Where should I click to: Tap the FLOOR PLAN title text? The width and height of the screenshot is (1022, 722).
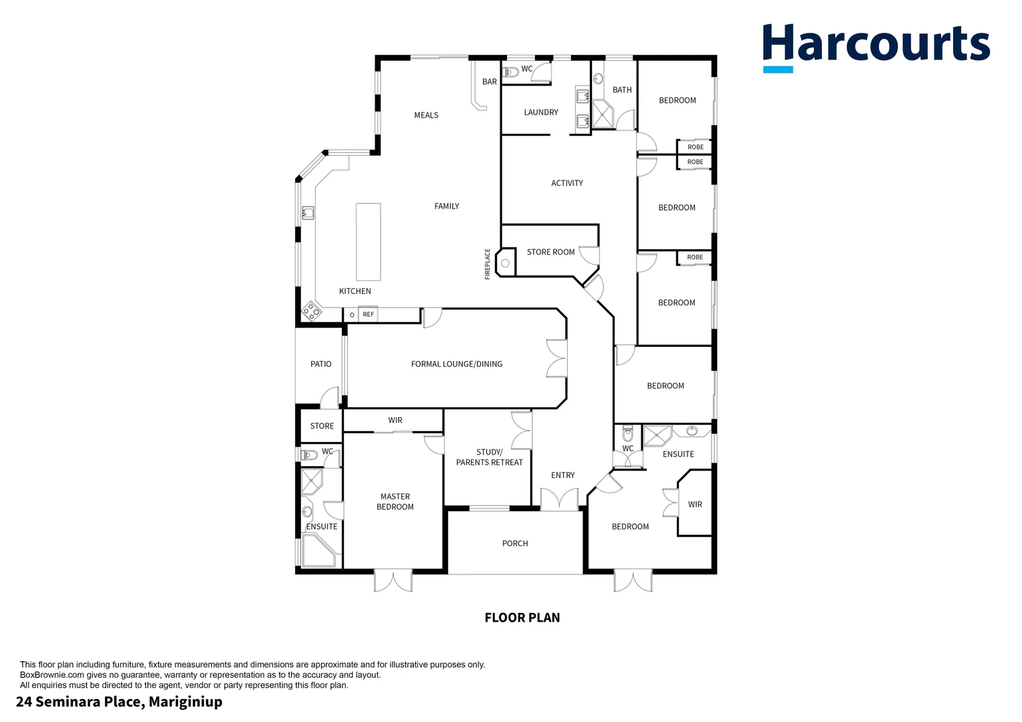(522, 618)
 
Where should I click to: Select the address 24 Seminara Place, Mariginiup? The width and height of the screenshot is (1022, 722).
(119, 701)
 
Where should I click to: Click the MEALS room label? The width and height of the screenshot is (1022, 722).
(426, 115)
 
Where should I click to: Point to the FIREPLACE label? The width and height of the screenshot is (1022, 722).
(488, 263)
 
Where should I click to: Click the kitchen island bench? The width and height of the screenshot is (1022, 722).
(368, 241)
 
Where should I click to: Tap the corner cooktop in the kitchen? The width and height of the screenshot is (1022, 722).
(311, 310)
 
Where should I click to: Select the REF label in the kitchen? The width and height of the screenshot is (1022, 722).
(369, 314)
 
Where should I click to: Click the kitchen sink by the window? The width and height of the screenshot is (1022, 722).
(308, 213)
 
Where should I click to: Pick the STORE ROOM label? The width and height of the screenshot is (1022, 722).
(550, 252)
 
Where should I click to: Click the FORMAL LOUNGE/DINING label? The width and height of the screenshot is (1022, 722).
(456, 364)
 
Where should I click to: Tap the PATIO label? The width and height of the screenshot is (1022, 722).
(320, 364)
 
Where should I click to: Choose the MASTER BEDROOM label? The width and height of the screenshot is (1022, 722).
(395, 501)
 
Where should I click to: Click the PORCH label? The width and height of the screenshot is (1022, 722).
(515, 544)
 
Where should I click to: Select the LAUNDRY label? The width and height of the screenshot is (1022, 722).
(540, 112)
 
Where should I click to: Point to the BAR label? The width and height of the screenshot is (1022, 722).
(490, 82)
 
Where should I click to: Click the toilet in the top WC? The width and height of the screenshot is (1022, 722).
(512, 72)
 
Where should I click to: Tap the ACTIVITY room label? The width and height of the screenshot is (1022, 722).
(567, 183)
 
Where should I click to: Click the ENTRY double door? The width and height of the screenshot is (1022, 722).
(559, 500)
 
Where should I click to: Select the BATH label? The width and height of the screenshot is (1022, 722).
(622, 90)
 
